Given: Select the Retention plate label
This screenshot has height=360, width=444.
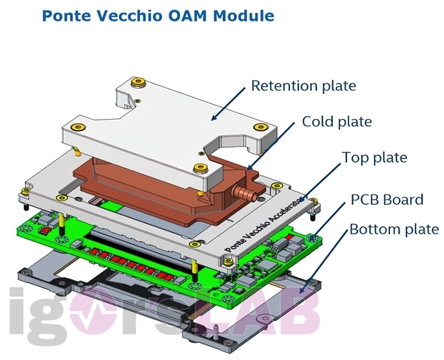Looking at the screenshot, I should (303, 86).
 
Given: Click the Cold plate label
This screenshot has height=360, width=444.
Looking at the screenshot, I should (337, 121).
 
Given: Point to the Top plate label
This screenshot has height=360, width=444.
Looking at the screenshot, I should (374, 157).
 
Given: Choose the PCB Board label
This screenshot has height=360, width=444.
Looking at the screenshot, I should (386, 199).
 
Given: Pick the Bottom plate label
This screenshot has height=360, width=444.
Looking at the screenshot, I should (394, 229).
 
